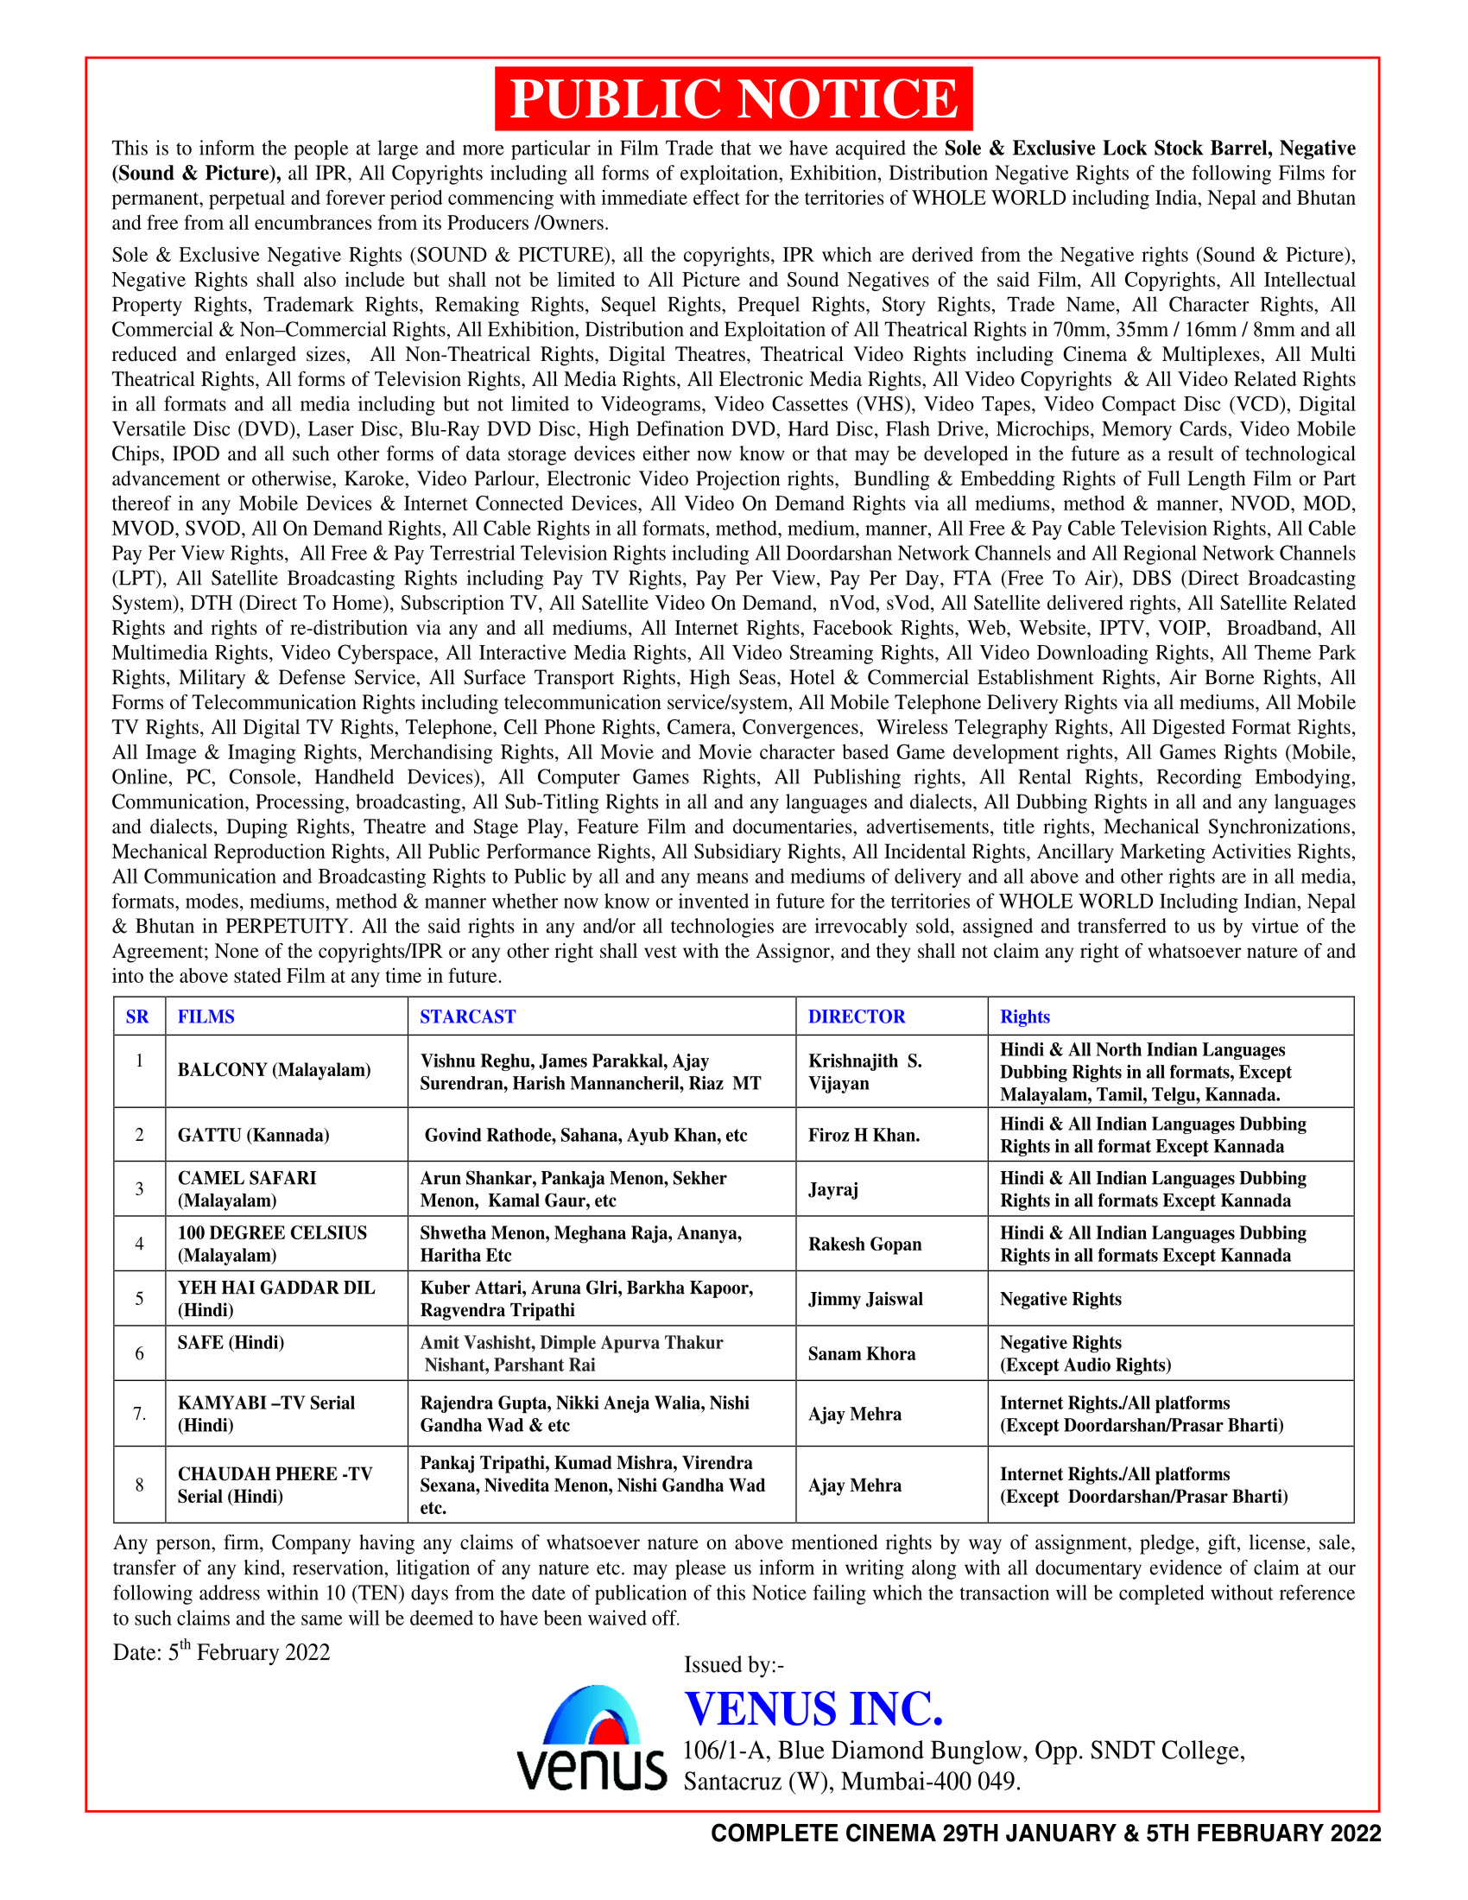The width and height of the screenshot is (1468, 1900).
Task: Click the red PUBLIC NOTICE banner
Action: point(733,98)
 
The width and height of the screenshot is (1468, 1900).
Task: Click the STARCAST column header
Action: point(467,1016)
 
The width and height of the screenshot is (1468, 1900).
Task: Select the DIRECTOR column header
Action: point(856,1016)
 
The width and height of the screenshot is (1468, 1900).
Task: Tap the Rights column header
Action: point(1024,1016)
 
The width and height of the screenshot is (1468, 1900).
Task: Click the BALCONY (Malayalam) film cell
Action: point(274,1070)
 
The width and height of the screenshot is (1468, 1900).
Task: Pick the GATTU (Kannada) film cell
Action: point(253,1135)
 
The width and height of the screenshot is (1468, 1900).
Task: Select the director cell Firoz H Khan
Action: point(864,1135)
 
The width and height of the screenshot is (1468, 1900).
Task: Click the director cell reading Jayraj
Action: point(833,1188)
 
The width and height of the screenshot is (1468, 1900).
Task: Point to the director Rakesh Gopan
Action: point(864,1243)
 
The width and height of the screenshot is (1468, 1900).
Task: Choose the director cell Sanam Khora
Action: point(861,1352)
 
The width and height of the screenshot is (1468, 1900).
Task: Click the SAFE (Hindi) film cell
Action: point(231,1342)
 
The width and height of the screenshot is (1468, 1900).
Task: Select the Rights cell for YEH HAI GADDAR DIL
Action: point(1060,1298)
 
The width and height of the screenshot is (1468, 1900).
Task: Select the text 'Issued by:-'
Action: point(733,1664)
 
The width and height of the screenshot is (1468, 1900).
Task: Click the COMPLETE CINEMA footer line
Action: point(1046,1833)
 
